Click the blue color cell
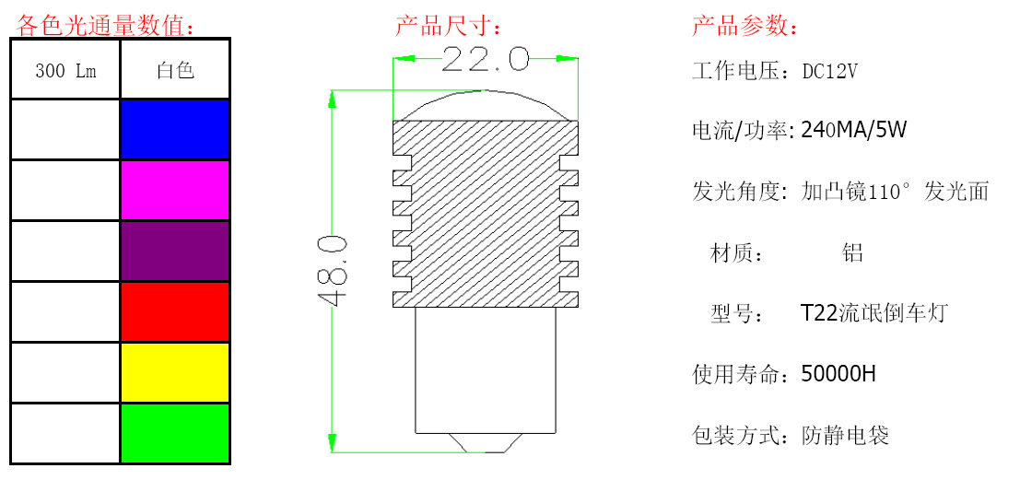pos(174,129)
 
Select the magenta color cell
pos(174,190)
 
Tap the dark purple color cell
pos(174,251)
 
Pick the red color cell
pos(174,311)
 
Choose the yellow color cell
pos(174,372)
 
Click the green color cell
pos(174,433)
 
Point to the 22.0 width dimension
pos(485,60)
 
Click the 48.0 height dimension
pos(333,271)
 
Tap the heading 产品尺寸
pos(449,26)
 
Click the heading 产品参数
pos(744,26)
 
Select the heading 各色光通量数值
pos(106,26)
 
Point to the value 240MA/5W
pos(854,130)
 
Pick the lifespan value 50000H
pos(838,374)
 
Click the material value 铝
pos(853,252)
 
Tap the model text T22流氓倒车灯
pos(873,313)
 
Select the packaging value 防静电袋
pos(845,435)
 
